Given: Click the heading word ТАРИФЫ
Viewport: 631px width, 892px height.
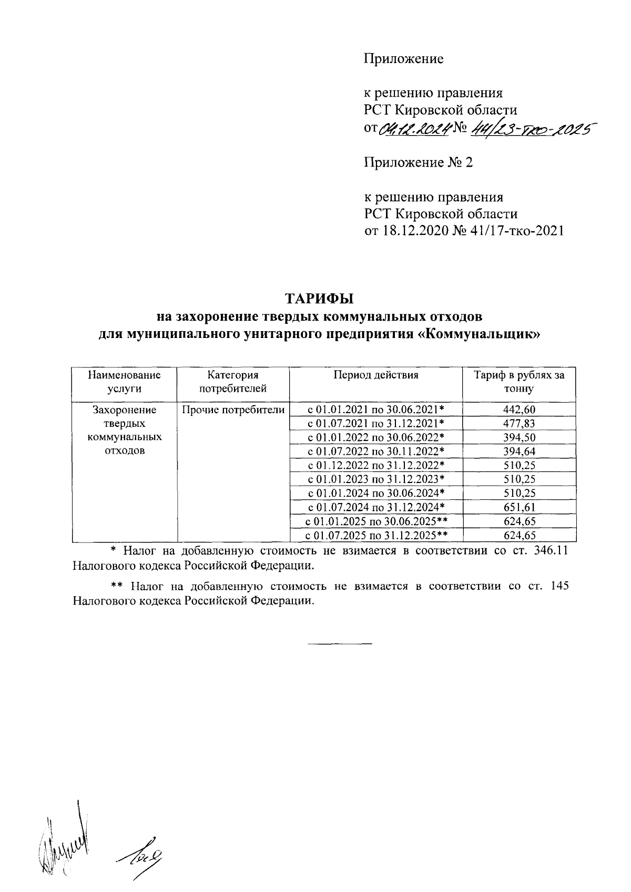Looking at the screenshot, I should click(x=320, y=299).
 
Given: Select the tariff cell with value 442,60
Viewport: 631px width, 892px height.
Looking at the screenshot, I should click(x=519, y=409).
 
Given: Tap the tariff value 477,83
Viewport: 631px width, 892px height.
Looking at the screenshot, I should click(x=519, y=424).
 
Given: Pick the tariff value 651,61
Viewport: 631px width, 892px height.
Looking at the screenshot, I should click(x=519, y=507).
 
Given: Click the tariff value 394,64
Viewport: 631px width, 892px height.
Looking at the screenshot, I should click(x=519, y=452).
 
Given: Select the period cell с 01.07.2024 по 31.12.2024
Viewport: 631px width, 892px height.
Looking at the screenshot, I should click(x=376, y=507).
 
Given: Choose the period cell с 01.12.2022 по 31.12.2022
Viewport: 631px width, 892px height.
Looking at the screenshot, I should click(x=376, y=465).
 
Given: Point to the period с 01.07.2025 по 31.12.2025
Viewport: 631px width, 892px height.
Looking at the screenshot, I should click(x=376, y=535).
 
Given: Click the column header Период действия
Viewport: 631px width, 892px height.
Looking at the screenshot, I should click(x=375, y=375).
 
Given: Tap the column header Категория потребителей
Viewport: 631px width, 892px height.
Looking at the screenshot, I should click(x=233, y=382).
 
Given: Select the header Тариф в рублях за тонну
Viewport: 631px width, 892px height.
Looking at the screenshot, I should click(x=519, y=382).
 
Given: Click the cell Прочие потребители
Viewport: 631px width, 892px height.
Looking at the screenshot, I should click(x=233, y=410).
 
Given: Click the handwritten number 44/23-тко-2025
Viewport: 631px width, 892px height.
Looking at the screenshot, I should click(x=531, y=128).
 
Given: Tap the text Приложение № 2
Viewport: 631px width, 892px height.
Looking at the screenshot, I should click(x=419, y=162).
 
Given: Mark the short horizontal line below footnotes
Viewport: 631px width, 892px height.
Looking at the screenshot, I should click(x=339, y=643).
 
